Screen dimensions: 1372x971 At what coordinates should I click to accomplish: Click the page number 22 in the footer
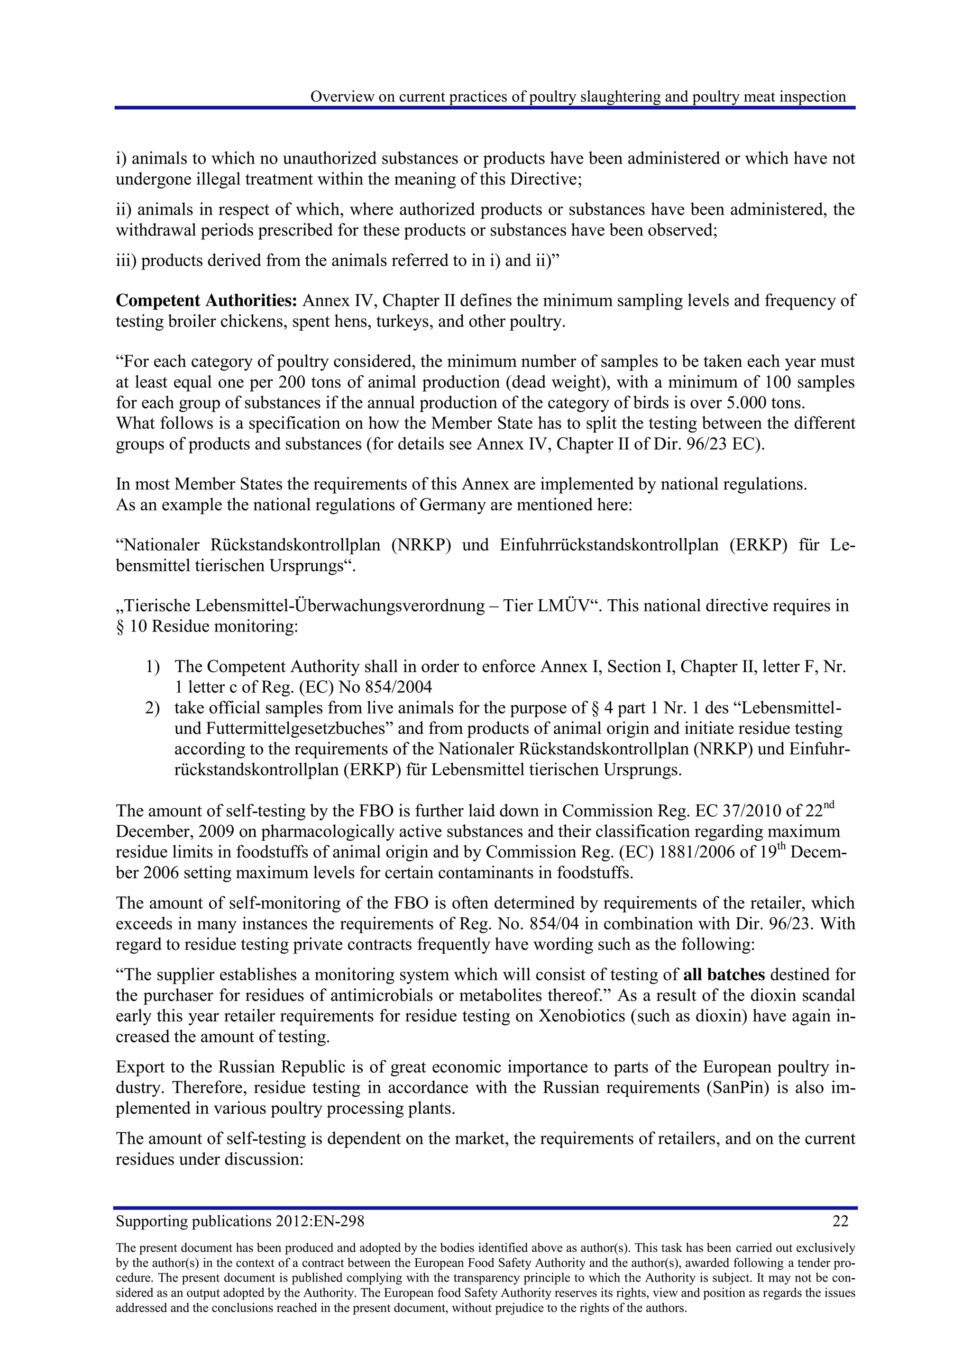click(x=840, y=1221)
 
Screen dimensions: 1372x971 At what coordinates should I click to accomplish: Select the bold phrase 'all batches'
click(x=724, y=975)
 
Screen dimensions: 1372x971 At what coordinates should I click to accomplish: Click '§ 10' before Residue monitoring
click(x=131, y=627)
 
